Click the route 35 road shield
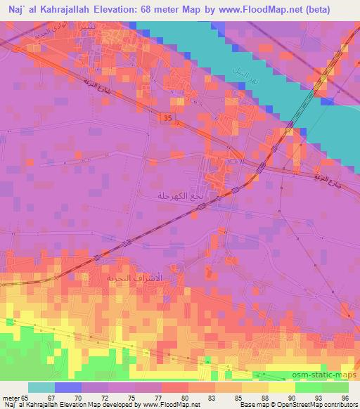[x=167, y=119]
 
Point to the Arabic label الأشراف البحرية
[x=134, y=278]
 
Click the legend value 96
[x=344, y=397]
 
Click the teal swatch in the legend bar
[x=41, y=387]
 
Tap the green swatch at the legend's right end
[x=335, y=387]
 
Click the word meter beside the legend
[x=11, y=397]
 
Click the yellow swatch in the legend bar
[x=281, y=387]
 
